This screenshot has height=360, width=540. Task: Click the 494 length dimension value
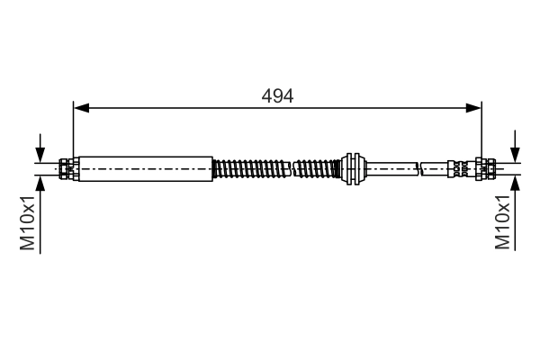click(x=276, y=94)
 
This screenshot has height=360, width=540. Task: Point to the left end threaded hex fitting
click(x=67, y=167)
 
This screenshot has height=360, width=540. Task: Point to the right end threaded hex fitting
click(x=487, y=167)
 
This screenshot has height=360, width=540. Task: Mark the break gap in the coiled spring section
click(x=292, y=167)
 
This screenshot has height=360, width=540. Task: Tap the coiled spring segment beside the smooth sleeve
click(x=251, y=167)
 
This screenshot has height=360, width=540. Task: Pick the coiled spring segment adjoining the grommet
click(x=317, y=167)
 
